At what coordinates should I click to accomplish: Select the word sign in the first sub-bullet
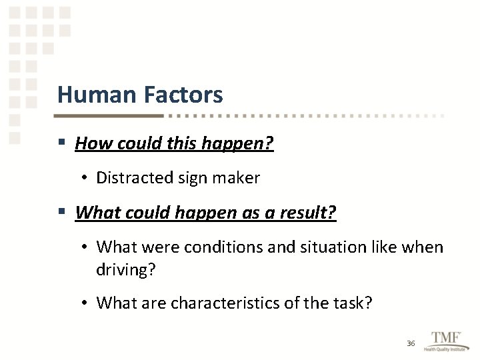pyautogui.click(x=194, y=178)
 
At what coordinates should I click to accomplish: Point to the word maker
pyautogui.click(x=238, y=178)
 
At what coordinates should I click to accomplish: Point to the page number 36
pyautogui.click(x=411, y=343)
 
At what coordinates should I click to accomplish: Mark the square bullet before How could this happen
pyautogui.click(x=61, y=143)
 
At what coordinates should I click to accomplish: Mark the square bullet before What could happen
pyautogui.click(x=61, y=213)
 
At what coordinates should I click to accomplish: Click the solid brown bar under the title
pyautogui.click(x=110, y=115)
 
